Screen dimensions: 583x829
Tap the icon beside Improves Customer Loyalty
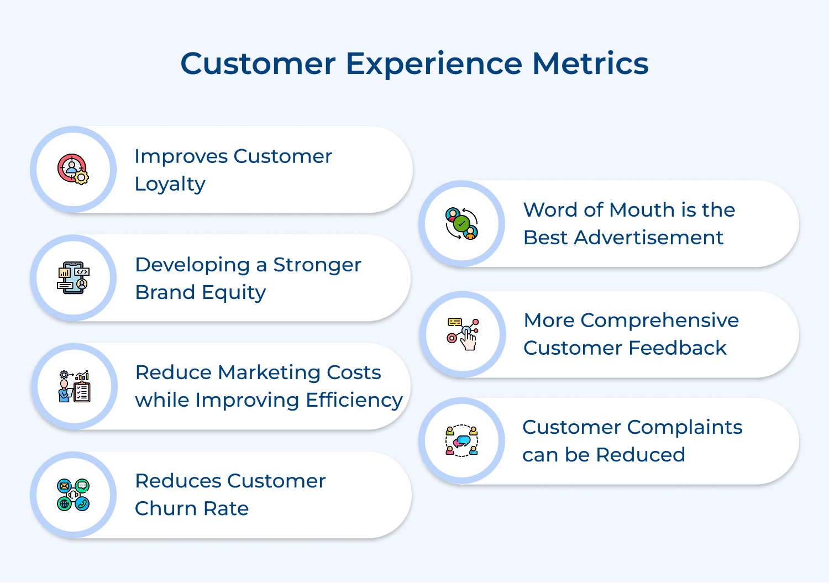click(x=74, y=169)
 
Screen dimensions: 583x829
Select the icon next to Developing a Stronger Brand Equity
click(x=74, y=277)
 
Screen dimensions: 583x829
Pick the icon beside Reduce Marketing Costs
click(x=74, y=386)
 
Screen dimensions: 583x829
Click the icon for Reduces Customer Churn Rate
click(x=74, y=495)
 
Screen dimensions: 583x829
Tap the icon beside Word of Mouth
click(x=461, y=223)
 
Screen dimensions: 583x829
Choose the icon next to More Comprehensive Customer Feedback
click(x=463, y=334)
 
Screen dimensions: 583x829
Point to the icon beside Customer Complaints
click(x=461, y=440)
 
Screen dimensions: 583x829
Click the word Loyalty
click(x=170, y=184)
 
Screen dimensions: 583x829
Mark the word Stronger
click(x=317, y=265)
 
